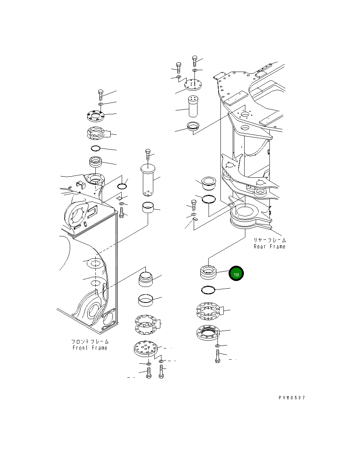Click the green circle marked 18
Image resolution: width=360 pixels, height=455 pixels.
tap(236, 274)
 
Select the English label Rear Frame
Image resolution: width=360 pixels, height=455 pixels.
tap(269, 247)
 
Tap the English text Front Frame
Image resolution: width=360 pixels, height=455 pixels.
tap(90, 348)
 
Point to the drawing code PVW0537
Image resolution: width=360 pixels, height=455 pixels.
tap(292, 397)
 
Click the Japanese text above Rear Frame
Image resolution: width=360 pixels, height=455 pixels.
tap(270, 240)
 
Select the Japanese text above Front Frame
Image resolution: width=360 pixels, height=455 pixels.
tap(90, 341)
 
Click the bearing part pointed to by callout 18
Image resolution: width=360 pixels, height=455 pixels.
tap(208, 273)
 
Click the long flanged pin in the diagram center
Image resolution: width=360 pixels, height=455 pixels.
tap(148, 180)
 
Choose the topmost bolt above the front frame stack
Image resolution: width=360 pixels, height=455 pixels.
tap(100, 93)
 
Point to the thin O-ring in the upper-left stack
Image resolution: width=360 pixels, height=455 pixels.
tap(95, 149)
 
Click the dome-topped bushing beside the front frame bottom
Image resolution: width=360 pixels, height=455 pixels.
tap(146, 279)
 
